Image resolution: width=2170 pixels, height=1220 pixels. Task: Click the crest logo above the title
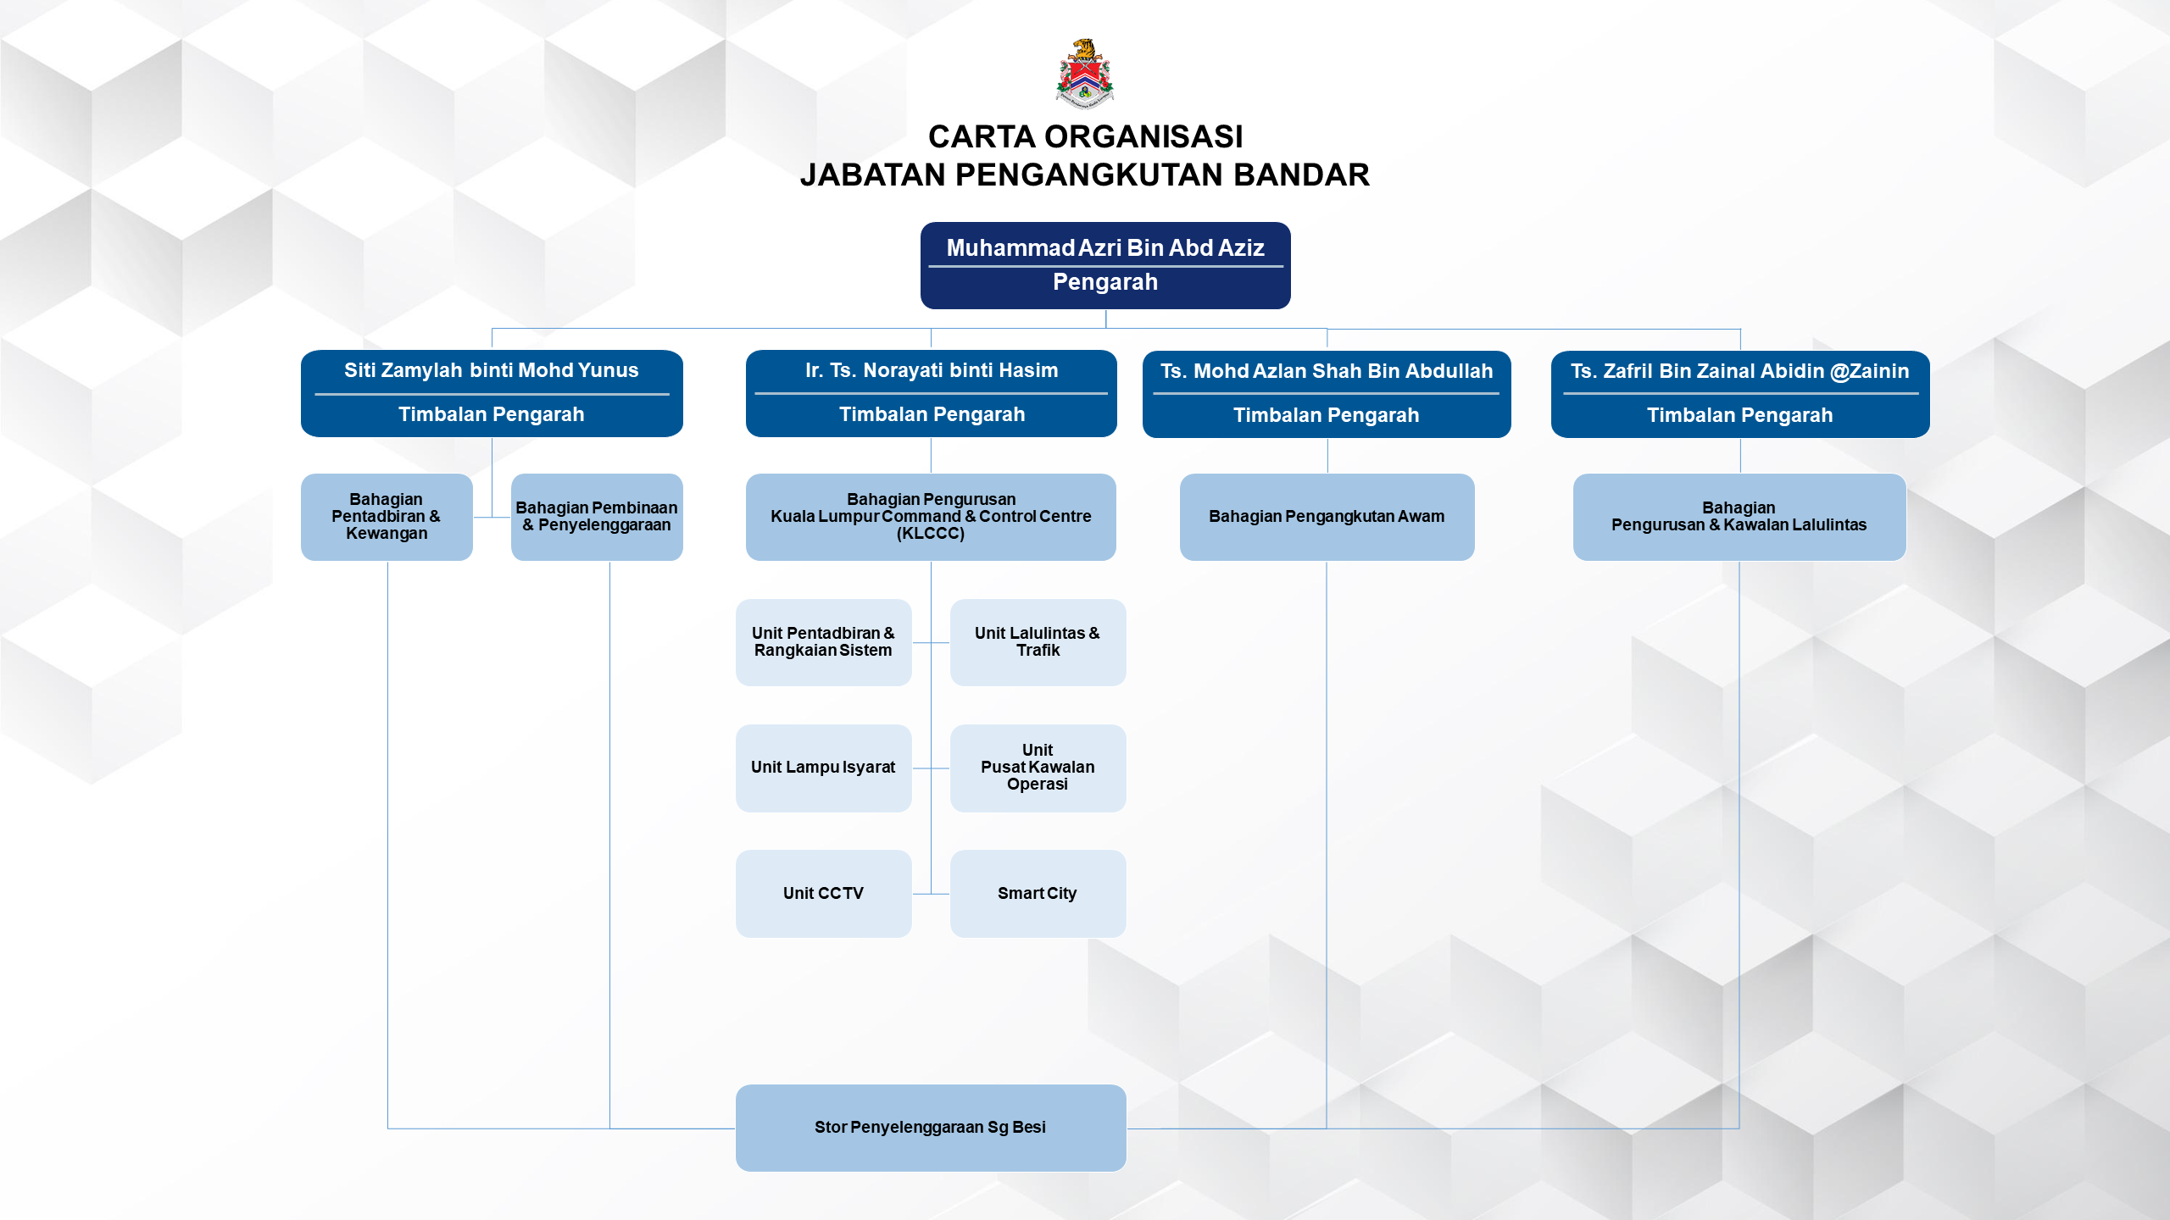click(1084, 74)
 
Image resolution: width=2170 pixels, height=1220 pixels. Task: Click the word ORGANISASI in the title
click(1143, 136)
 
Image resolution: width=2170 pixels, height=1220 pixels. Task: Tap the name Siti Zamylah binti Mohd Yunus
click(492, 371)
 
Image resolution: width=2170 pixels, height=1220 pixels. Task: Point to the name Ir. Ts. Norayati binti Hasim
click(932, 371)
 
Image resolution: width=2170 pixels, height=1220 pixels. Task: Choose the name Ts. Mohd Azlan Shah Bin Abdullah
click(1327, 372)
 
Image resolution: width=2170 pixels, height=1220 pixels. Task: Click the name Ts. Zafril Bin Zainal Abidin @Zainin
click(1739, 372)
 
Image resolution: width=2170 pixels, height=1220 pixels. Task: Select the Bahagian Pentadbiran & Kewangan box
click(387, 517)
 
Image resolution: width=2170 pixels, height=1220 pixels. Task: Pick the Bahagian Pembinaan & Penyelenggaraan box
click(597, 517)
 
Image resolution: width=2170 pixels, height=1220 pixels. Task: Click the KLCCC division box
click(931, 517)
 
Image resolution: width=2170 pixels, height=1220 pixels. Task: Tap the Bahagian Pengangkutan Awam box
click(1327, 517)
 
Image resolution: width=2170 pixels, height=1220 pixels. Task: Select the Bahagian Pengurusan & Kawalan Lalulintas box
click(1739, 517)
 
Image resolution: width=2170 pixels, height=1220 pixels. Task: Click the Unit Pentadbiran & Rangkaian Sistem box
click(823, 642)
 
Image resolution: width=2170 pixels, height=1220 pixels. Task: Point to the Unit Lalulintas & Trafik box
click(1038, 642)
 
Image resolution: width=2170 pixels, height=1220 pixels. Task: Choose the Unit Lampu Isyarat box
click(823, 768)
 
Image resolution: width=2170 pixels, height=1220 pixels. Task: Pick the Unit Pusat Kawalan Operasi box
click(1038, 768)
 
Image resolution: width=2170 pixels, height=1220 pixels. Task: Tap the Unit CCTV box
click(823, 894)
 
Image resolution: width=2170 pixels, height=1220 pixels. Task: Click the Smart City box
click(1038, 894)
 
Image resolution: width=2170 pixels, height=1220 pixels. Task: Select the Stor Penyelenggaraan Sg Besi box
click(931, 1128)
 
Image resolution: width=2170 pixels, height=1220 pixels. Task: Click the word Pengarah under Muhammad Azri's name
click(1105, 283)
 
